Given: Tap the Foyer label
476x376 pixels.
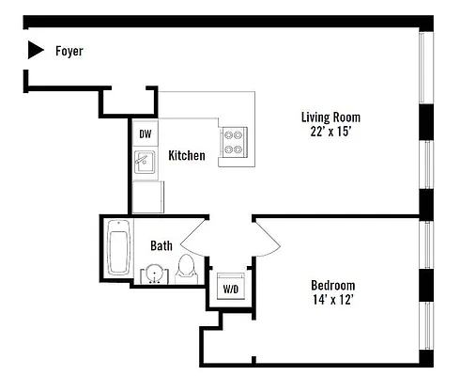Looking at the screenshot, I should (69, 52).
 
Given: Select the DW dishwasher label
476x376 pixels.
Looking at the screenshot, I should (146, 134).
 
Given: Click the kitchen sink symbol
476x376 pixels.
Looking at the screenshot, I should (144, 164).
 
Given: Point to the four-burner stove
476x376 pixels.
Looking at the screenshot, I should (233, 142).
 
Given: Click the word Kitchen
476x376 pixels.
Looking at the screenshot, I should (186, 155).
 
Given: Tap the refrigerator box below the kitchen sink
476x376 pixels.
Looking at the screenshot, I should (146, 197).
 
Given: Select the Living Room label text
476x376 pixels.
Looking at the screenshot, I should (330, 117).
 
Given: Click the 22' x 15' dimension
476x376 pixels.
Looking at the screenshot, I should (330, 133).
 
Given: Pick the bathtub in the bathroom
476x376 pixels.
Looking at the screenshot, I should (118, 247).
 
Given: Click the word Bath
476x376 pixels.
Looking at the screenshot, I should (161, 246).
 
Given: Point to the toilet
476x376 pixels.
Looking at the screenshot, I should (186, 267).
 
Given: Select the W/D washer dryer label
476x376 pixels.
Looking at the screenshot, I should (229, 288).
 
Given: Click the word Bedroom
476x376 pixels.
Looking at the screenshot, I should (332, 285).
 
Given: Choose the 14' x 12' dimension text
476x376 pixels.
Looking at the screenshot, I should (332, 301).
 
